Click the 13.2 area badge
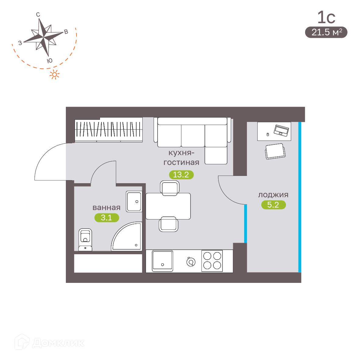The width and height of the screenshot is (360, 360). pos(181,175)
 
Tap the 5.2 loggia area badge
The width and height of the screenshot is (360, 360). pos(273,205)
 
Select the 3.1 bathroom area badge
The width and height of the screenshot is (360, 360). pos(107,218)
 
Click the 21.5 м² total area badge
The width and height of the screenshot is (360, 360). pos(326,32)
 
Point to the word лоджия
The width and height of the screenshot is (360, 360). pos(273,195)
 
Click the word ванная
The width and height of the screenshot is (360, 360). pos(106,208)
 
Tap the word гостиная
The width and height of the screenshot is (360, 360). pos(181,162)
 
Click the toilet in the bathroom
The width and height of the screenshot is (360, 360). pos(85,240)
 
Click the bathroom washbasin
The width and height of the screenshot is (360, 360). pos(134,201)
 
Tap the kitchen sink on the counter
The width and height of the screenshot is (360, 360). pos(162,261)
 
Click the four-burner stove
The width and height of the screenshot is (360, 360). pos(212,261)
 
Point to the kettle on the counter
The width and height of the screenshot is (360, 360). pos(191,262)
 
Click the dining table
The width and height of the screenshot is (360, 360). pos(168,206)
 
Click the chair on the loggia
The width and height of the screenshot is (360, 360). pos(275,151)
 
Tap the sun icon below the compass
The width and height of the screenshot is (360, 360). pos(55,75)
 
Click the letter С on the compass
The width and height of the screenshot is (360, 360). pos(38,15)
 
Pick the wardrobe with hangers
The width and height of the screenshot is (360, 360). pos(109,130)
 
